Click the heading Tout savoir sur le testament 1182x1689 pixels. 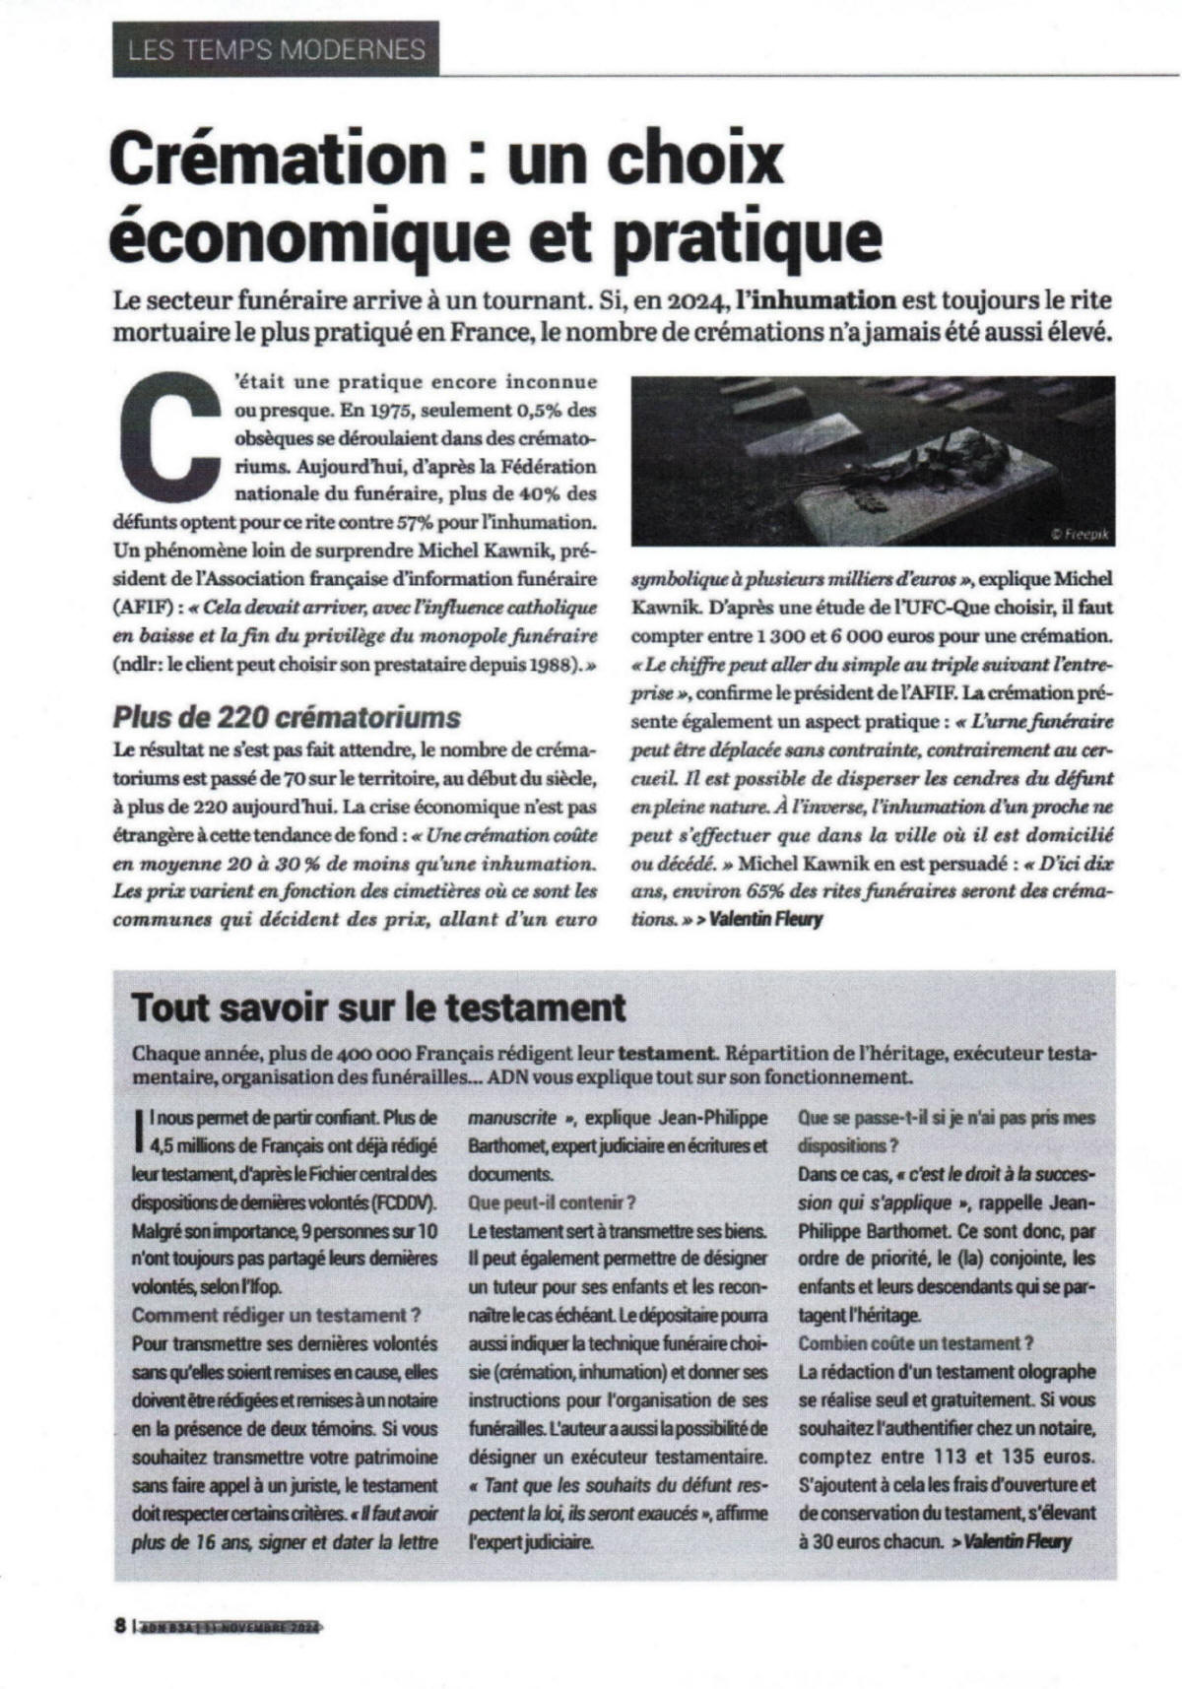tap(379, 1007)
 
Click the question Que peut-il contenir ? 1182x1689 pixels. tap(552, 1202)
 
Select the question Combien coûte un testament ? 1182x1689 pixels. tap(916, 1343)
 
